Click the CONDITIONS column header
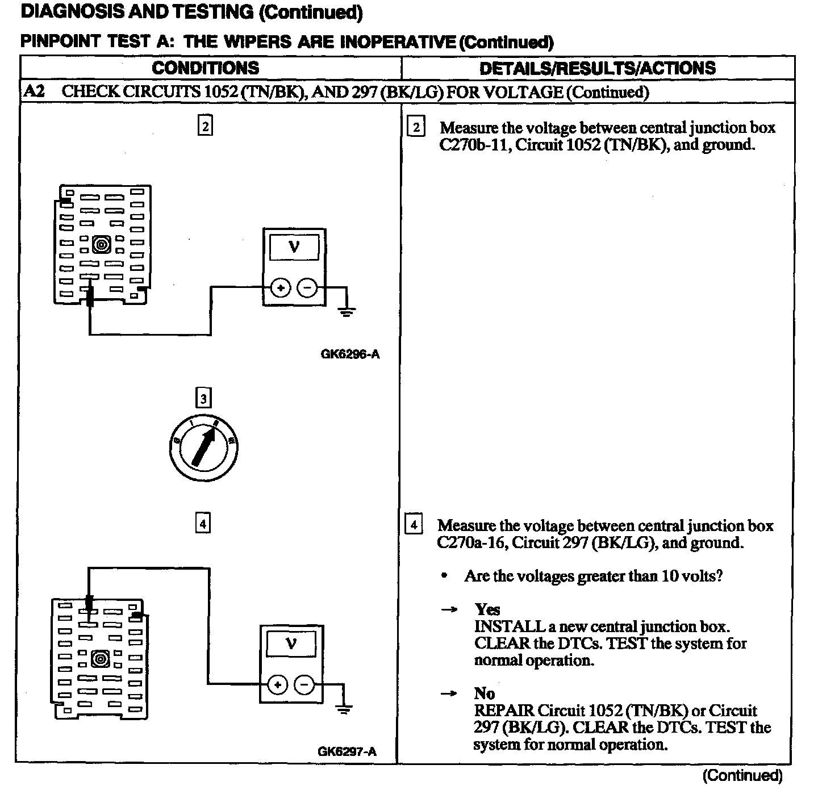pos(205,68)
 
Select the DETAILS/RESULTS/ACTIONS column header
pos(597,68)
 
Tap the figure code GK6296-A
pos(350,355)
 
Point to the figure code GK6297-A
pos(347,752)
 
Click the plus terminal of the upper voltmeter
pos(280,288)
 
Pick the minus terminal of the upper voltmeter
pos(308,288)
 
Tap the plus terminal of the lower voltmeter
pos(277,685)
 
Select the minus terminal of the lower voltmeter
pos(305,685)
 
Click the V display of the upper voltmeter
pos(294,248)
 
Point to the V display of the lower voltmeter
pos(291,645)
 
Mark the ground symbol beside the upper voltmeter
pos(347,311)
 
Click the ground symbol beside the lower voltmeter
pos(344,708)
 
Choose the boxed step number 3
pos(203,399)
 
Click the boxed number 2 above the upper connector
pos(205,126)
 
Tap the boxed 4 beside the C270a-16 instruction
pos(414,525)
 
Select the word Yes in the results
pos(487,610)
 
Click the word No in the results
pos(485,693)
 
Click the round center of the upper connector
pos(102,245)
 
